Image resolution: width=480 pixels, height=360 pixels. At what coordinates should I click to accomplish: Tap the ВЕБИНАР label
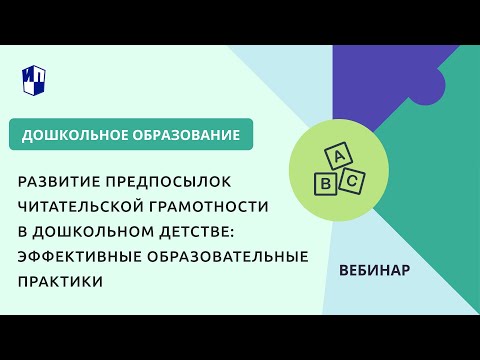374,270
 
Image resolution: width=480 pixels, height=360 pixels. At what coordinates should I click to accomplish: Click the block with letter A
339,156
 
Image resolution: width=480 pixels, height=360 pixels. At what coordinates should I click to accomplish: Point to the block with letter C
352,181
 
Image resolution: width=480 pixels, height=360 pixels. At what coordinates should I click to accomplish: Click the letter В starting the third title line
22,230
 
